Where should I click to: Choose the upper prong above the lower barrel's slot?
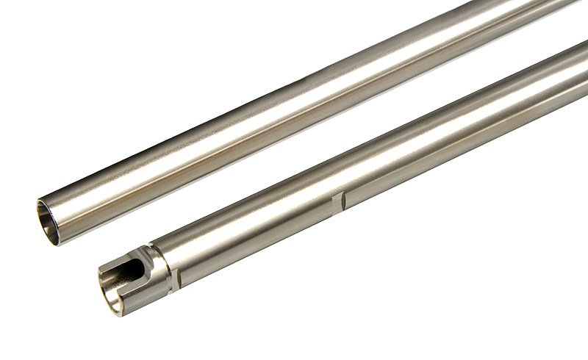[121, 252]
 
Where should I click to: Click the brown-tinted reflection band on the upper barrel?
[220, 147]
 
